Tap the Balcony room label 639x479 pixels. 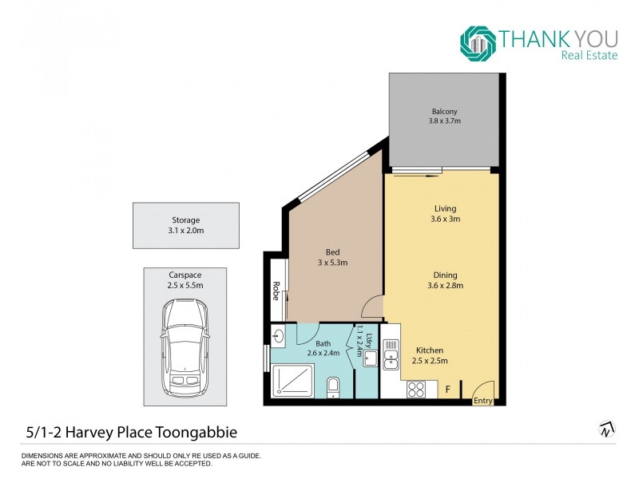(445, 116)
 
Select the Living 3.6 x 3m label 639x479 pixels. (445, 214)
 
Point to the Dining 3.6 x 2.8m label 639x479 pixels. (445, 280)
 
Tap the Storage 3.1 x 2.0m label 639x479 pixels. (185, 225)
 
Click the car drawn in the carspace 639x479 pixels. (185, 348)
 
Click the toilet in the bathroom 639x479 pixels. (334, 387)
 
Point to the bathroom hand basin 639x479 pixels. (277, 335)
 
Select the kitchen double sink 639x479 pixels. (390, 354)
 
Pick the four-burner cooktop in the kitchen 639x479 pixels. (416, 389)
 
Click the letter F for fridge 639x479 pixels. (447, 390)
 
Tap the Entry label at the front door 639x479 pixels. (482, 401)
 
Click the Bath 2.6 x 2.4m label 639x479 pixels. (323, 348)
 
